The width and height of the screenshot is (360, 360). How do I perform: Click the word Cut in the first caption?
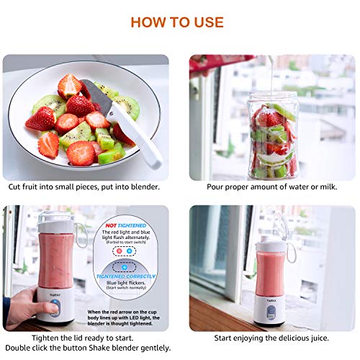[16, 186]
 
